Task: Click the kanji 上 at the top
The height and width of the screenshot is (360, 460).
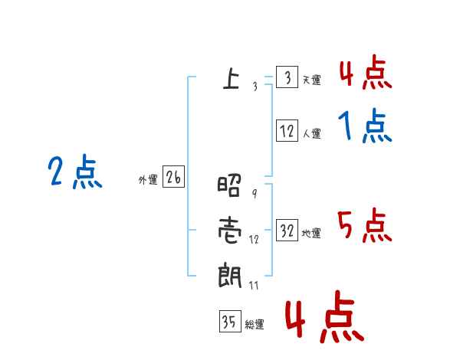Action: tap(231, 78)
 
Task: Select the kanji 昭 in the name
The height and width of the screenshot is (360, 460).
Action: tap(231, 186)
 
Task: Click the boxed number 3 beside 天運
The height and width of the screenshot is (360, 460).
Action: tap(287, 78)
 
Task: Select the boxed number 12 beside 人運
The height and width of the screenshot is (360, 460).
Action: tap(287, 131)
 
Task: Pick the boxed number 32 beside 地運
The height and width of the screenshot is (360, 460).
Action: tap(287, 231)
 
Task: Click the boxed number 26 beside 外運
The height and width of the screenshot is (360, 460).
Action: tap(173, 178)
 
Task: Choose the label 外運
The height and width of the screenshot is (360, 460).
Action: tap(147, 181)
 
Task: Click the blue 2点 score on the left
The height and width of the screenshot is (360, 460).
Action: tap(74, 172)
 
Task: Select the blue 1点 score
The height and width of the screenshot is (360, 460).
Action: tap(365, 126)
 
